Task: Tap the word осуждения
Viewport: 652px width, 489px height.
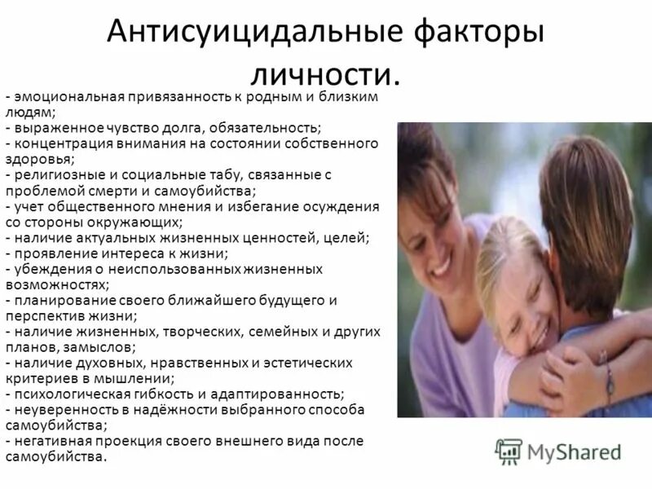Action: (x=348, y=206)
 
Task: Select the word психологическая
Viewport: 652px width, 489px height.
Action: (x=68, y=394)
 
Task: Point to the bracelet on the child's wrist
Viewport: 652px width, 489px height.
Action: (x=608, y=377)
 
